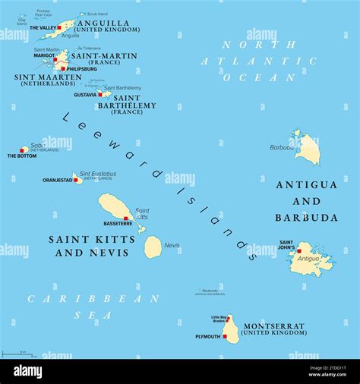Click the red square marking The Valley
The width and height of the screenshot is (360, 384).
(x=59, y=28)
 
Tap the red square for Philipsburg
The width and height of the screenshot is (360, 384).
(x=63, y=68)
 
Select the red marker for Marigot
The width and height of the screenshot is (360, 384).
(x=57, y=56)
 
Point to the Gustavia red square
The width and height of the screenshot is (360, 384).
(x=99, y=95)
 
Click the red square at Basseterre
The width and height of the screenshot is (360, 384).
(x=126, y=218)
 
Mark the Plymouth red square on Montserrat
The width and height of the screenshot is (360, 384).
(x=225, y=336)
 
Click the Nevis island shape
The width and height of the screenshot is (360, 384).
(x=153, y=247)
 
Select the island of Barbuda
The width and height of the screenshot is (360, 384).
(x=308, y=150)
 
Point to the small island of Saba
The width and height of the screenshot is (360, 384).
(x=24, y=150)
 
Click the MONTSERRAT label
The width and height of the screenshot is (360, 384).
(x=274, y=326)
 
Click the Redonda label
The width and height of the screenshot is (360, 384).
(x=210, y=290)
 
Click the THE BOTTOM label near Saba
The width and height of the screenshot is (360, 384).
(x=22, y=156)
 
